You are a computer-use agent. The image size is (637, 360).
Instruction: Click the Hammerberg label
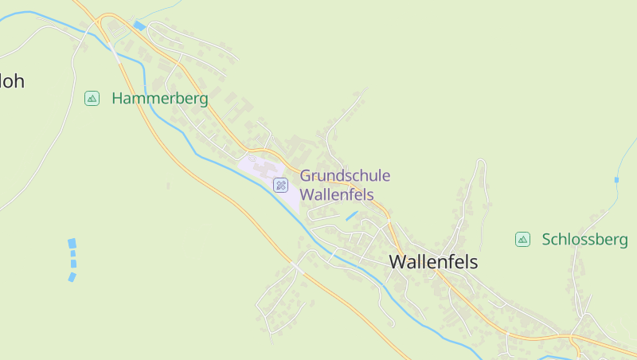[160, 99]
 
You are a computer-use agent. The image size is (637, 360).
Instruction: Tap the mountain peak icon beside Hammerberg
[92, 99]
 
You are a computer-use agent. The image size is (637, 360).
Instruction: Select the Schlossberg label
[584, 239]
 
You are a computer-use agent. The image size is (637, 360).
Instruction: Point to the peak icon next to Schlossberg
[522, 239]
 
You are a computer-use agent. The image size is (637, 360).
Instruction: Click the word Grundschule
[345, 176]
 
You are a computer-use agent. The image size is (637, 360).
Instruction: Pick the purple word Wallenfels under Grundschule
[336, 194]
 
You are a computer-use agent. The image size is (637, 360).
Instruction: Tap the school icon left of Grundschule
[280, 185]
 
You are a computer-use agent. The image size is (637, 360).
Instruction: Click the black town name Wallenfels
[433, 261]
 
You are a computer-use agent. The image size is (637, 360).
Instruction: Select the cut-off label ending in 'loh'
[11, 80]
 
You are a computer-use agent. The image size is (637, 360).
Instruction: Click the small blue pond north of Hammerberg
[140, 26]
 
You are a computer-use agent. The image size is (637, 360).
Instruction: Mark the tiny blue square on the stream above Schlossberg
[616, 180]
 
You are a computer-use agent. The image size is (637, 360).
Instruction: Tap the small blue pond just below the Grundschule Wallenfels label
[351, 216]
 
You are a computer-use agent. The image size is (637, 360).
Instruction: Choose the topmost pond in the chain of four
[72, 243]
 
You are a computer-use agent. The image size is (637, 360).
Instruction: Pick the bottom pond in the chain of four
[72, 277]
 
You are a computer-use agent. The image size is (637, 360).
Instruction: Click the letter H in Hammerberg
[118, 99]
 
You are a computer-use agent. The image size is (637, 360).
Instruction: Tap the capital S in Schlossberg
[546, 239]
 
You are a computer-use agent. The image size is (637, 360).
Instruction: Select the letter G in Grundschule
[306, 176]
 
